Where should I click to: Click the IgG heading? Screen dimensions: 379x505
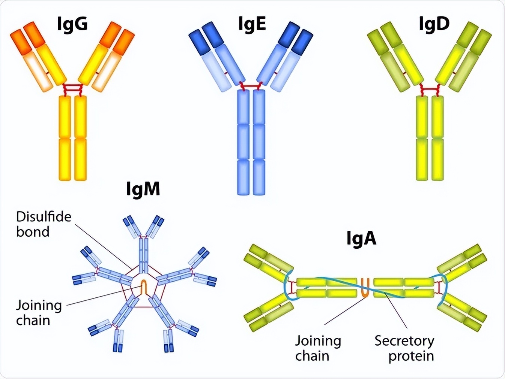(x=72, y=24)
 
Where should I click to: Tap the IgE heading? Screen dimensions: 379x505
(x=252, y=24)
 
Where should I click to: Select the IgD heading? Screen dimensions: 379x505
(x=434, y=24)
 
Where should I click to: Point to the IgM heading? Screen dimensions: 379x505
(x=143, y=189)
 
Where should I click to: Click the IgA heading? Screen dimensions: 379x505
(x=361, y=239)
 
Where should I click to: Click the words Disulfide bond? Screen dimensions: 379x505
(x=44, y=224)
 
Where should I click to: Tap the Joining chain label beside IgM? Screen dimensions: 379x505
(x=39, y=313)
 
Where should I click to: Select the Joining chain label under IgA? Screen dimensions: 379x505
(x=318, y=348)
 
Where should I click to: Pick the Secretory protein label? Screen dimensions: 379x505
(x=404, y=348)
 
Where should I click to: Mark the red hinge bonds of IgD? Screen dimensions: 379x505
(x=430, y=90)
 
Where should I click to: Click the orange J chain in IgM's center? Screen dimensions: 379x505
(x=144, y=287)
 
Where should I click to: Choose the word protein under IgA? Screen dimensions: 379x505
(x=411, y=356)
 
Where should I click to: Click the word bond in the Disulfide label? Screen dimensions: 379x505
(x=33, y=232)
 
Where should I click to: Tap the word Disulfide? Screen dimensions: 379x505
(x=44, y=217)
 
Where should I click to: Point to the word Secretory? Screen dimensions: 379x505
(x=404, y=341)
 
